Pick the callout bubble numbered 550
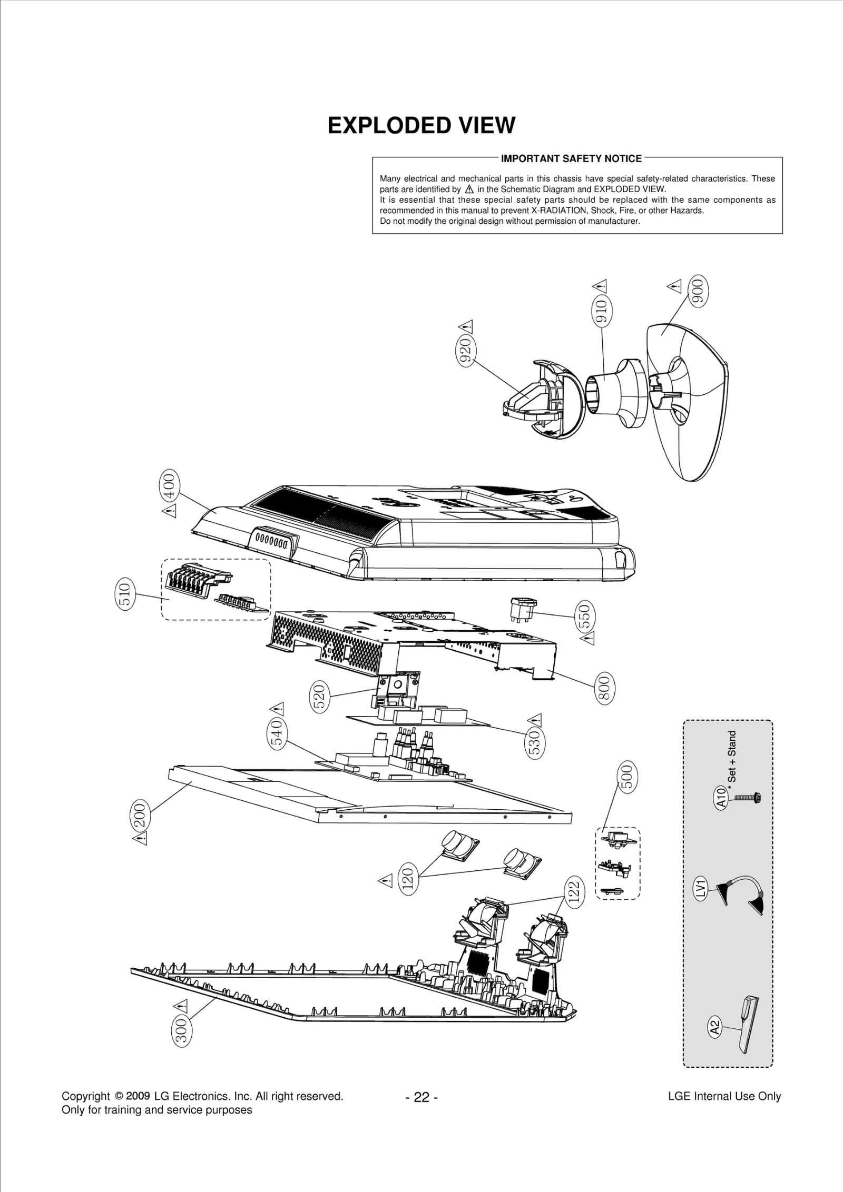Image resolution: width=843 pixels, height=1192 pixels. (x=586, y=617)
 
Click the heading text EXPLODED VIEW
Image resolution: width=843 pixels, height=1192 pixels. (x=421, y=126)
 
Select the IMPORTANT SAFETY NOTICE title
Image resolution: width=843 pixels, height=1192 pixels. (x=571, y=158)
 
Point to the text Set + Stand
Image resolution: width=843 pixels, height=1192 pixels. (x=732, y=757)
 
